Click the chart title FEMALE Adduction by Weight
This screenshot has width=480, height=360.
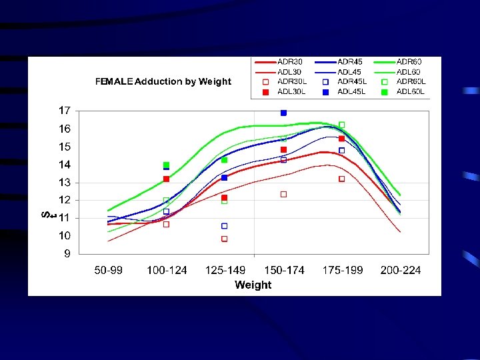pyautogui.click(x=163, y=82)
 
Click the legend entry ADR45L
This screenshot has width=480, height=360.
pyautogui.click(x=352, y=81)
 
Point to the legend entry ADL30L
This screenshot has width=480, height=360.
pyautogui.click(x=291, y=91)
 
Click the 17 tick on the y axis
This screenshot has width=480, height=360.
pyautogui.click(x=64, y=110)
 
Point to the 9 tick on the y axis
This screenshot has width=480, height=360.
pyautogui.click(x=67, y=253)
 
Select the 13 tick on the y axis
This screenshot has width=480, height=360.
pyautogui.click(x=64, y=182)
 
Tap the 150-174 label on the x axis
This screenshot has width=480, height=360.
pyautogui.click(x=284, y=270)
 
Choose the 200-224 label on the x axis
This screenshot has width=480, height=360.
pyautogui.click(x=401, y=270)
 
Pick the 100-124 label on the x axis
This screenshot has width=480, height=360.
pyautogui.click(x=167, y=270)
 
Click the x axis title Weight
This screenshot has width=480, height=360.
pyautogui.click(x=253, y=285)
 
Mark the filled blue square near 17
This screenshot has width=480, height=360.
pyautogui.click(x=283, y=113)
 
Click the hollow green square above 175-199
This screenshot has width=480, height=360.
pyautogui.click(x=342, y=125)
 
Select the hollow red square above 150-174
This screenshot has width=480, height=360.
pyautogui.click(x=283, y=194)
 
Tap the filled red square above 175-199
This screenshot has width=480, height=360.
pyautogui.click(x=342, y=139)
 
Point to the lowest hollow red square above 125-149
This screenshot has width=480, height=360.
pyautogui.click(x=225, y=239)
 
